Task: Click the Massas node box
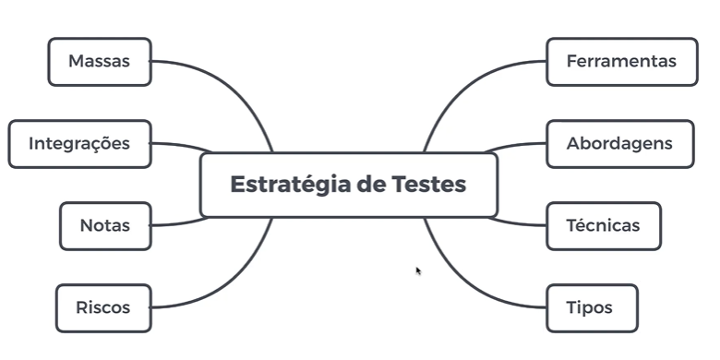point(99,62)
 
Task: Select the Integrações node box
point(79,144)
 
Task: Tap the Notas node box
point(104,226)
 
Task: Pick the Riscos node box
point(102,308)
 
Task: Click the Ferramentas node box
point(621,62)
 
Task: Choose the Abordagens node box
point(619,144)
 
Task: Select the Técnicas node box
point(603,226)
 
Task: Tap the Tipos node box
point(591,308)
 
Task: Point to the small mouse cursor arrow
point(418,270)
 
